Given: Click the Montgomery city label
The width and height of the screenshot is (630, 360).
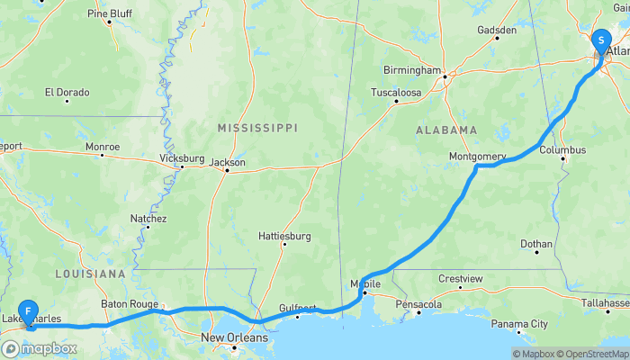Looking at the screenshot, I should (477, 157).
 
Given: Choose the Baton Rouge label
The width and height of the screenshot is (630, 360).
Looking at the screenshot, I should (130, 304).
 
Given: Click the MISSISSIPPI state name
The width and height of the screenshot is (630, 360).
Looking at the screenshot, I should (257, 129).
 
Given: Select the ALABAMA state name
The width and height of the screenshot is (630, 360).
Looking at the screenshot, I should (446, 130).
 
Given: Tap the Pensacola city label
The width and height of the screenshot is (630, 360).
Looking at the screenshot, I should (419, 304).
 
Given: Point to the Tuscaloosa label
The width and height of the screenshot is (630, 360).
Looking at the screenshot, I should (396, 93).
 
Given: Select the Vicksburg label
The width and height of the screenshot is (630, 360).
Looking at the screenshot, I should (182, 157).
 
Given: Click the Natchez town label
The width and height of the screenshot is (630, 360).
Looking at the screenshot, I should (148, 219).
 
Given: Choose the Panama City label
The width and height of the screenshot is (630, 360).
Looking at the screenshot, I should (519, 324).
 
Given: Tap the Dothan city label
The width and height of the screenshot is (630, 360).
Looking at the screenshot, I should (537, 243).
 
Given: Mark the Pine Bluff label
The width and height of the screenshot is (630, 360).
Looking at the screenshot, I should (110, 13).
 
